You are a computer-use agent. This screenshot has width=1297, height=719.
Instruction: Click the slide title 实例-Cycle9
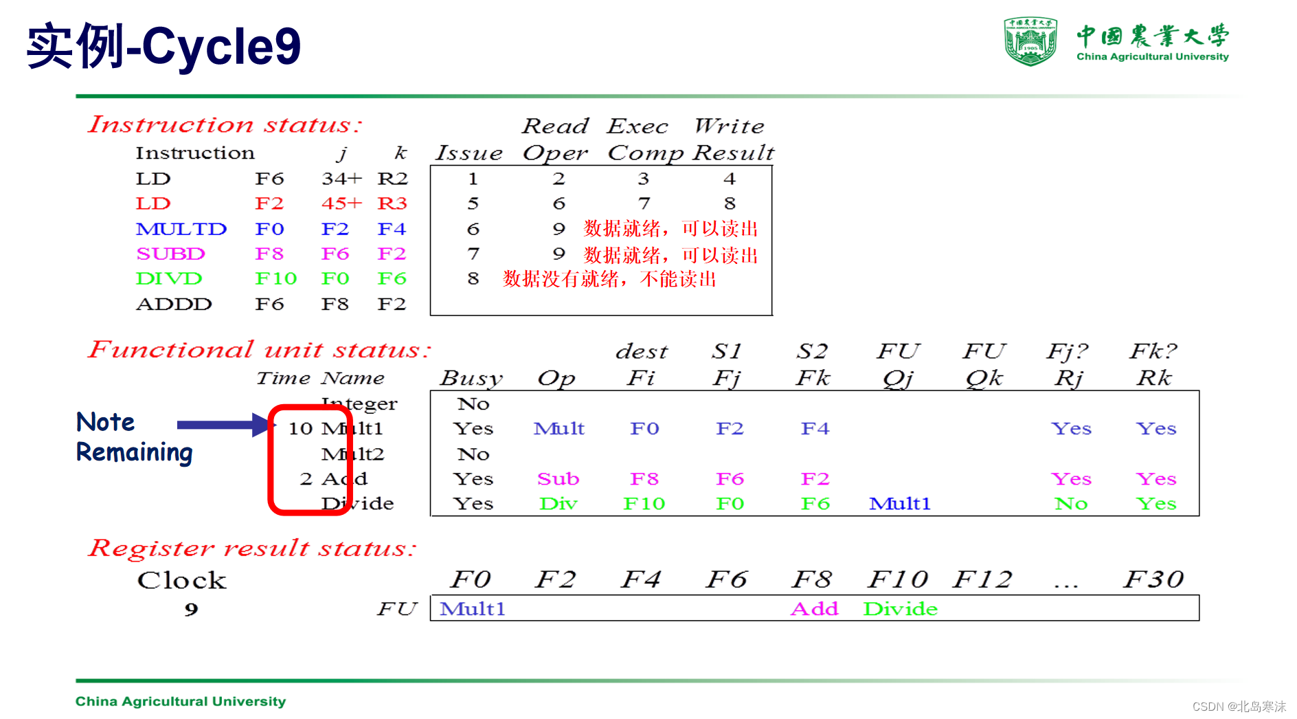163,46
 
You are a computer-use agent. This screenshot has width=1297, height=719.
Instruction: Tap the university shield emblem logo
1030,41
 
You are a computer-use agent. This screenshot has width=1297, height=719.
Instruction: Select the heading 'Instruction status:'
225,124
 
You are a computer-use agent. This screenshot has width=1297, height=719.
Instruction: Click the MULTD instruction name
181,229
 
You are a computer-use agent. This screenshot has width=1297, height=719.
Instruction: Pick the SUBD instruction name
170,254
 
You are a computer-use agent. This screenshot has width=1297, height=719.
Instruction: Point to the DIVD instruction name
169,278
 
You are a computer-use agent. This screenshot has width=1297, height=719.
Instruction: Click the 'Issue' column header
469,153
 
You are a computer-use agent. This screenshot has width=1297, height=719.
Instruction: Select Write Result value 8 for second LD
730,203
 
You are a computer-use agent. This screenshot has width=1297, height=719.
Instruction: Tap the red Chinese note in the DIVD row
609,279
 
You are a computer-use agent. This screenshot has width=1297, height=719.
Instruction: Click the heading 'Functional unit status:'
260,350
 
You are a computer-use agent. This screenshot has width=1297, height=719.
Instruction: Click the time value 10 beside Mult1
300,429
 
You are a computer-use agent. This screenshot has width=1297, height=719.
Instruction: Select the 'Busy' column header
471,378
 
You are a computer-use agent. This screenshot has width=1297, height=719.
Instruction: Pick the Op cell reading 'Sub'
558,478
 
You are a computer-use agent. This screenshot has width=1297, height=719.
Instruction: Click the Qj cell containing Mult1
899,504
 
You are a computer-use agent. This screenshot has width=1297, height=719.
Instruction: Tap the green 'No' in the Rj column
1070,504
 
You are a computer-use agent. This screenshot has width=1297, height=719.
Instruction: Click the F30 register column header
1153,579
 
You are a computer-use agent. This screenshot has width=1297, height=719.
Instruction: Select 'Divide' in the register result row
900,609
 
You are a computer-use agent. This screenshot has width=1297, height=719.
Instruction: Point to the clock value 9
191,609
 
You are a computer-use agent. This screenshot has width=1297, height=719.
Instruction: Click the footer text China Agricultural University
181,701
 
